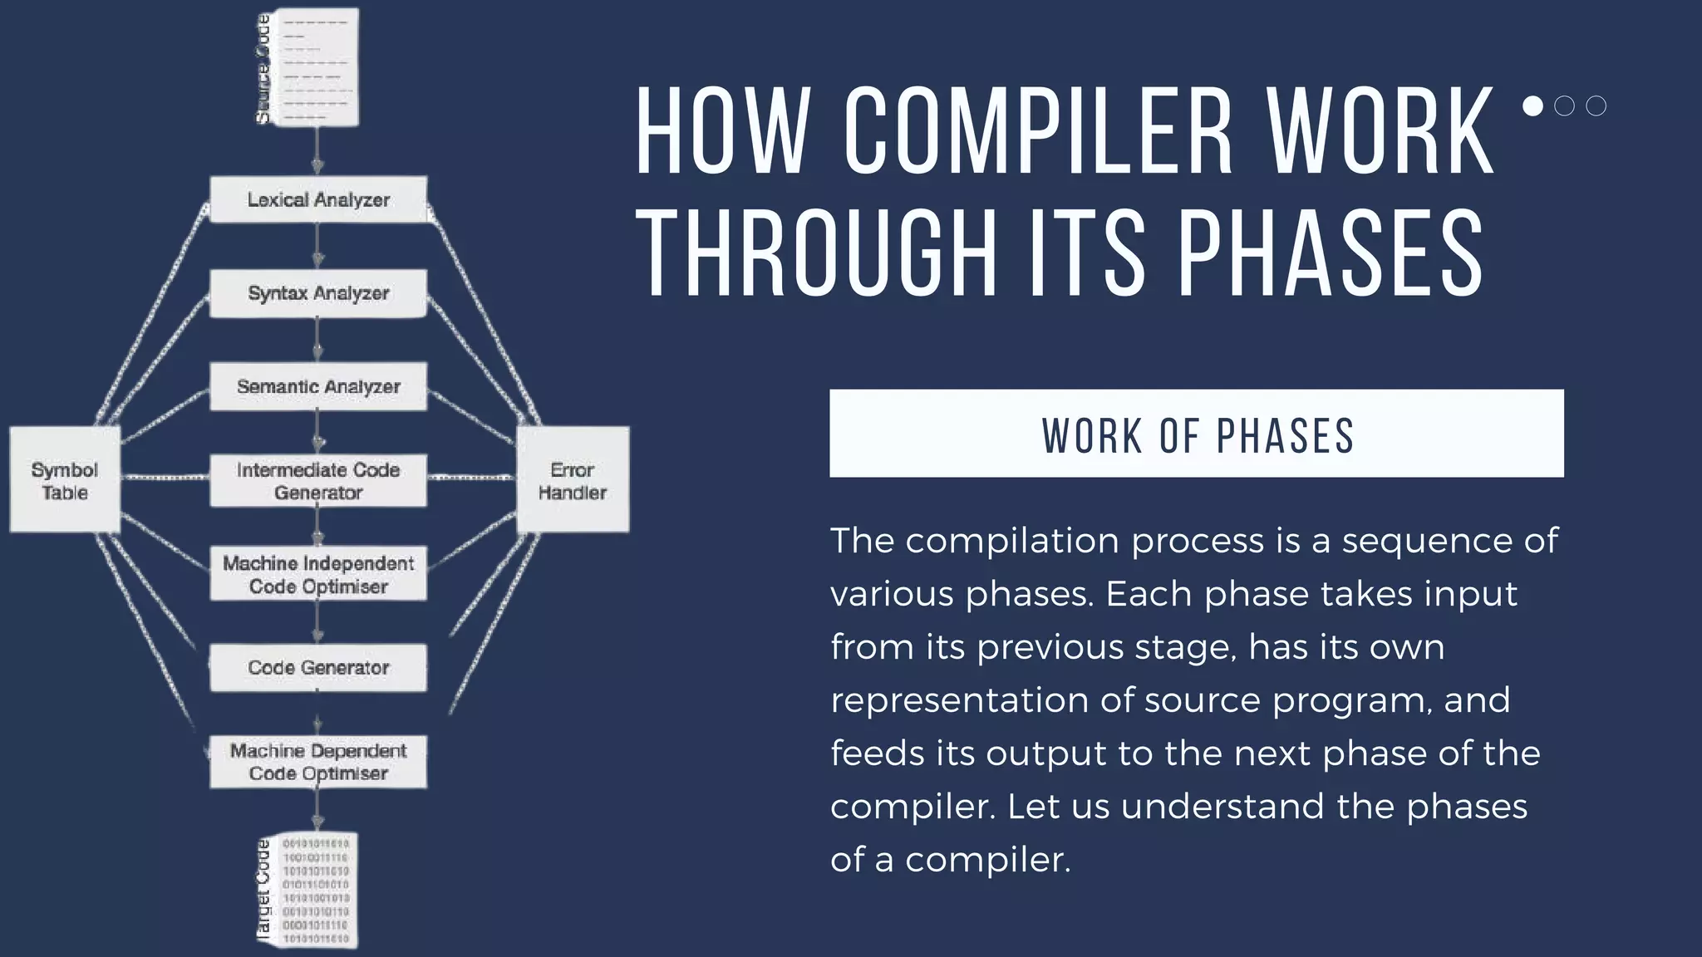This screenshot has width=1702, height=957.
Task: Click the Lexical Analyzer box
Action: point(318,199)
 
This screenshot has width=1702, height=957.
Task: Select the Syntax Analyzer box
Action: point(318,293)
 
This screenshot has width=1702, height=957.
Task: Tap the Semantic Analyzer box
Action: point(318,386)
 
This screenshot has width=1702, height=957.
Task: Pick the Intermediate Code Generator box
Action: point(318,481)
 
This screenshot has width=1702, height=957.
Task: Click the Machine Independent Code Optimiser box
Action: point(318,574)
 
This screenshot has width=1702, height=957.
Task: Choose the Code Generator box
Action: point(318,668)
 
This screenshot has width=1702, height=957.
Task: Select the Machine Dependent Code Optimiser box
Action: point(318,762)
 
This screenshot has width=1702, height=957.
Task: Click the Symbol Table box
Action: point(65,481)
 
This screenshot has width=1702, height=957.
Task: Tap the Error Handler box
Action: point(573,481)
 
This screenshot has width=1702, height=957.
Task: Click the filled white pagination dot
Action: point(1533,106)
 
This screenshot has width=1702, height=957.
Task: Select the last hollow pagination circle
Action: point(1596,106)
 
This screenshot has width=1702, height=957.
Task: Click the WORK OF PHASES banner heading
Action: point(1197,434)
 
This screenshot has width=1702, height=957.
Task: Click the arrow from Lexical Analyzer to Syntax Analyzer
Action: point(317,246)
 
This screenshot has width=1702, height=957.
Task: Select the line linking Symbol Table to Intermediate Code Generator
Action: point(165,477)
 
